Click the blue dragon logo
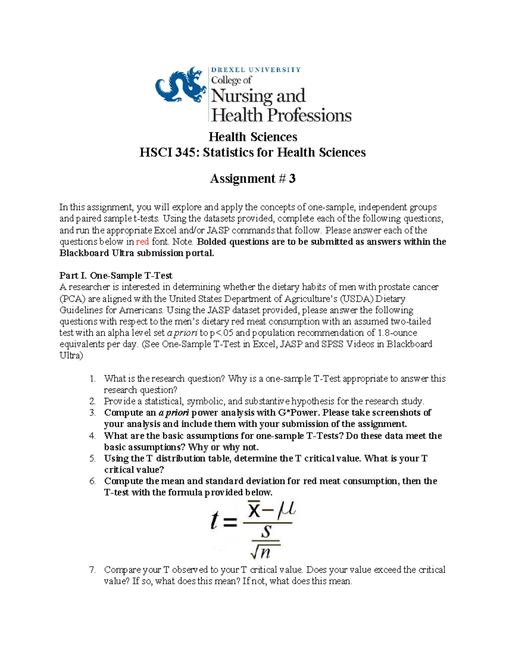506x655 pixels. (180, 86)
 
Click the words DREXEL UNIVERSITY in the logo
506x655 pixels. (256, 70)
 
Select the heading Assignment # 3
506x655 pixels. (253, 179)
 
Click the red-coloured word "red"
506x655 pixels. (142, 242)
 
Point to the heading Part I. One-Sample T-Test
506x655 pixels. (116, 275)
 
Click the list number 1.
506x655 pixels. (93, 379)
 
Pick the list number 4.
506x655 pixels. (93, 436)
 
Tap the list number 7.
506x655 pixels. (93, 570)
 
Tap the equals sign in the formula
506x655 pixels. (230, 524)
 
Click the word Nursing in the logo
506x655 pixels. (241, 96)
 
